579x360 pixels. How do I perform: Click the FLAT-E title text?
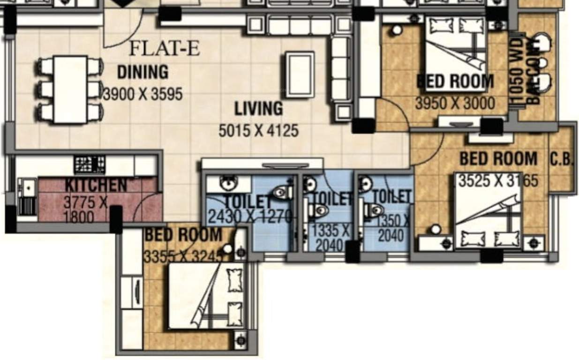pos(164,48)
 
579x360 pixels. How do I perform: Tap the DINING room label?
pos(143,72)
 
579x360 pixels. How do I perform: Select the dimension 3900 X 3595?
pos(143,94)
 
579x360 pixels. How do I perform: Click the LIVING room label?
pos(259,109)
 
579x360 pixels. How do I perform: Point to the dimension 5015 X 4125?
pos(259,130)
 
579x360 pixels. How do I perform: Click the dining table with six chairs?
pos(70,89)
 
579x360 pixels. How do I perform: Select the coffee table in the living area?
pos(300,75)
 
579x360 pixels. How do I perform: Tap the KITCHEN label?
pos(96,185)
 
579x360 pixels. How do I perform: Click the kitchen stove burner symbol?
pos(89,165)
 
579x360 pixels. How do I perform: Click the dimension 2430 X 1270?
pos(250,216)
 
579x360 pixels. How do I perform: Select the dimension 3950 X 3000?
pos(455,103)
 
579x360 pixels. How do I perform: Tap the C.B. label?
pos(562,159)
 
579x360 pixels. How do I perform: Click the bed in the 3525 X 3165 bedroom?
pos(488,211)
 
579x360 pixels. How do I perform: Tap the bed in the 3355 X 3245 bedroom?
pos(206,295)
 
